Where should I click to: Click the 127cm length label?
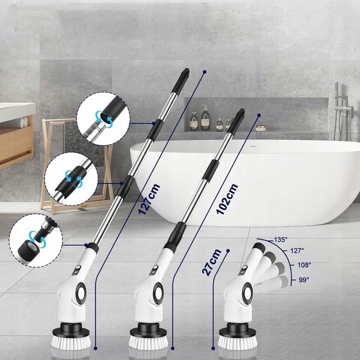tap(149, 199)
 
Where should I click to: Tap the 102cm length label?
tap(227, 199)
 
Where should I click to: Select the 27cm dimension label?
tap(211, 262)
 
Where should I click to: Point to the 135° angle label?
tap(280, 239)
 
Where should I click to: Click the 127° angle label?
tap(297, 250)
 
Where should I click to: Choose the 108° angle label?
tap(304, 265)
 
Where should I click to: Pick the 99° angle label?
tap(304, 280)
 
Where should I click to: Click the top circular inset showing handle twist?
tap(103, 118)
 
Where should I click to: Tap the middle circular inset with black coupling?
tap(71, 179)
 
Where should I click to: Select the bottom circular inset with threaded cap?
tap(36, 240)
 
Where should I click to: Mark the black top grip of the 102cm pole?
tap(235, 122)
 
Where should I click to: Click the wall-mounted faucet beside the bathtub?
tap(343, 111)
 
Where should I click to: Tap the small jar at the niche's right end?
tap(260, 128)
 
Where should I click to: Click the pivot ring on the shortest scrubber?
tap(247, 293)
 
